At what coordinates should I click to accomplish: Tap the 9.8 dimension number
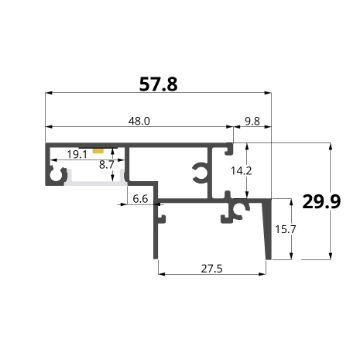pos(255,121)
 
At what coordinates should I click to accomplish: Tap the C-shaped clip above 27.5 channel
pos(238,209)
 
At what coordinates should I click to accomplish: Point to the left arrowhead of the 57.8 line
pos(49,97)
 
